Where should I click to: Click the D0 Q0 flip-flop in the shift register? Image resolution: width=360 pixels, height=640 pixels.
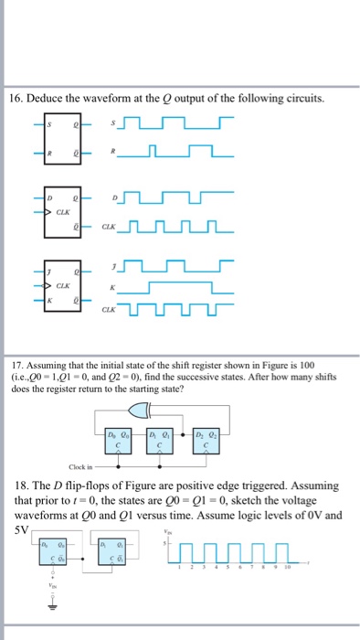116,438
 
